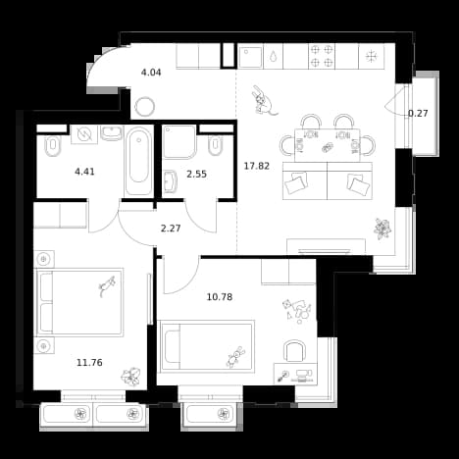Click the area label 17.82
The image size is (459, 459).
[257, 166]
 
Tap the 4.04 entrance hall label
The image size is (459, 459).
[151, 73]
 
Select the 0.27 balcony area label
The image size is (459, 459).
[418, 114]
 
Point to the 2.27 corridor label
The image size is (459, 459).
[171, 229]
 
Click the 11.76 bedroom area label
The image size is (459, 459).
[89, 362]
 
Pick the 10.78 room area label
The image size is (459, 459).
[220, 297]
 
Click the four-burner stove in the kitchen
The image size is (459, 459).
[322, 56]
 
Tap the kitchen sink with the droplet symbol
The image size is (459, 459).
[273, 56]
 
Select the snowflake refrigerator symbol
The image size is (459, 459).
[372, 56]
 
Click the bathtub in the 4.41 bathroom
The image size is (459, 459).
[139, 161]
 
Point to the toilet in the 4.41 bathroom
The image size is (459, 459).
[52, 146]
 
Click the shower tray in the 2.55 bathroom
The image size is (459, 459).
[179, 141]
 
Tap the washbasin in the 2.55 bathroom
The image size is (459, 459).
[170, 181]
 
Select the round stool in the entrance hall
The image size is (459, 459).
[145, 107]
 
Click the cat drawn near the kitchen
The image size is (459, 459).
[264, 101]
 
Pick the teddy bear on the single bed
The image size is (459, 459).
[236, 357]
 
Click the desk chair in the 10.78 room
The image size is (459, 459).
[294, 351]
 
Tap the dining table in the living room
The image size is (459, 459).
[328, 145]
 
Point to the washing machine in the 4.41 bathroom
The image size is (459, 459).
[84, 134]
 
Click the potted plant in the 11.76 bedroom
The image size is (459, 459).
[130, 377]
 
